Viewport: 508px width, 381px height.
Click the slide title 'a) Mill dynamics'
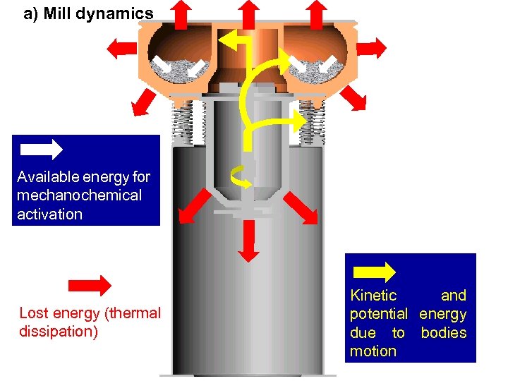click(87, 13)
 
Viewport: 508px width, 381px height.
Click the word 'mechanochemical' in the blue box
click(79, 195)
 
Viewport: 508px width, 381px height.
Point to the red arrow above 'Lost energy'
click(90, 285)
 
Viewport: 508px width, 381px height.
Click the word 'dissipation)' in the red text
click(59, 331)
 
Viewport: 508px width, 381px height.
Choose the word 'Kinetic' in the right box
click(373, 296)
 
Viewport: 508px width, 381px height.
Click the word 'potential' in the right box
click(379, 314)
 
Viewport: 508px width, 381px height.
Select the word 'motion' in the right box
click(373, 351)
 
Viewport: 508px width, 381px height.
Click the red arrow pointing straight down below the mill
click(246, 241)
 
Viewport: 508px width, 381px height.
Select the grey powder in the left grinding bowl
click(183, 69)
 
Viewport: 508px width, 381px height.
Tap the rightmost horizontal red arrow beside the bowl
click(373, 47)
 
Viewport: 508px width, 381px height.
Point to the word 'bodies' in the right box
click(444, 332)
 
